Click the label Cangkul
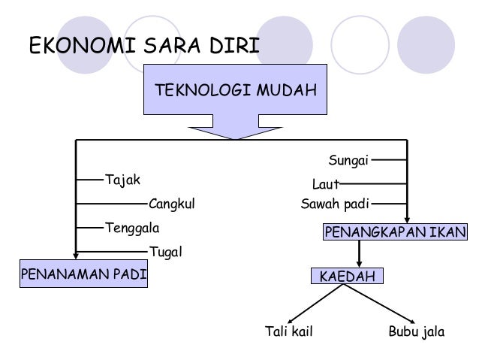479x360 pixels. pyautogui.click(x=172, y=203)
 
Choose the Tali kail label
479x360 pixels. pyautogui.click(x=289, y=331)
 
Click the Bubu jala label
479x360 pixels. pyautogui.click(x=417, y=331)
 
